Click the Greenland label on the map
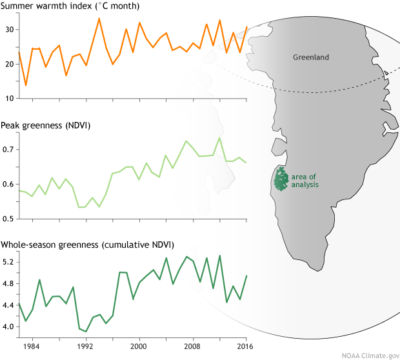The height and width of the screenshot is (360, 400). coord(311,57)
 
